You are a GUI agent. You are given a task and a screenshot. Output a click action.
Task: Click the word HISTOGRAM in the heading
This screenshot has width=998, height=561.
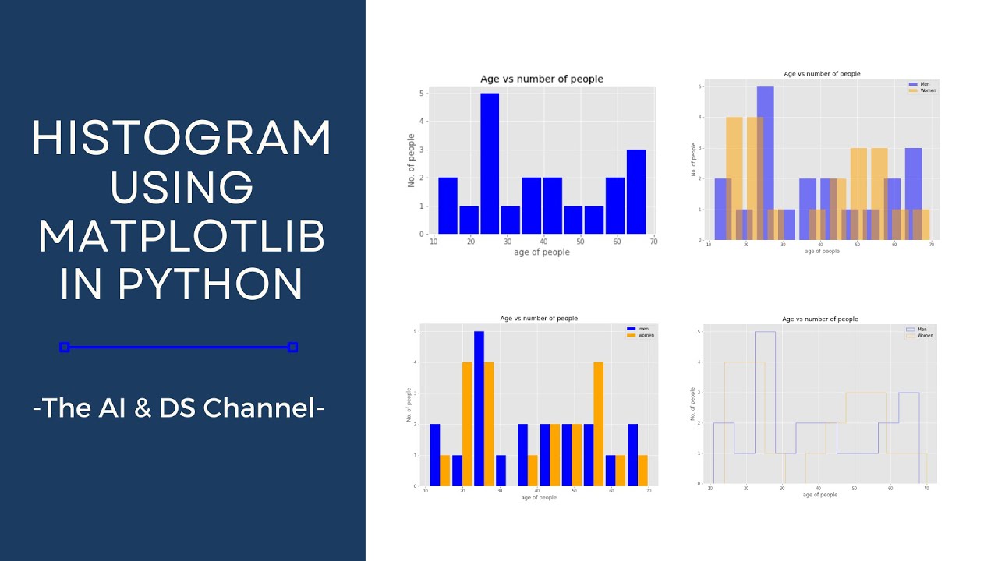point(182,139)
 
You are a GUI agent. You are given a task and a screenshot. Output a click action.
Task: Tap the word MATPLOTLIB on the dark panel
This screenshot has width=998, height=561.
point(182,237)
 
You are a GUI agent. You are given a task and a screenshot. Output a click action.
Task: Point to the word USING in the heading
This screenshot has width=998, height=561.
point(182,188)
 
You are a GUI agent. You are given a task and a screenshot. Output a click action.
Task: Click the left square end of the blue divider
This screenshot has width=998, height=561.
point(65,348)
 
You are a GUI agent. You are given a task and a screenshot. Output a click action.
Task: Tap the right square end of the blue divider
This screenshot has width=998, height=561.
point(292,348)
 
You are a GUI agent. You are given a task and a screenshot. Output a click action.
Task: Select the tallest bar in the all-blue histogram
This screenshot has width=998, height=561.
point(490,164)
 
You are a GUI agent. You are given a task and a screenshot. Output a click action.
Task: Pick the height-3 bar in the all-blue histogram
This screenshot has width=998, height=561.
point(635,192)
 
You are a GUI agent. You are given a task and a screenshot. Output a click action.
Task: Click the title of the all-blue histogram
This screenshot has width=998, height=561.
point(541,79)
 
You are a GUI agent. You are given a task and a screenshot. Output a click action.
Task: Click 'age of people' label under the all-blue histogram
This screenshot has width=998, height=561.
point(542,252)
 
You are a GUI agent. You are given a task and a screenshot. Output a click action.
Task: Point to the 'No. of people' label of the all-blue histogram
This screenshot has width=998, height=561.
point(412,161)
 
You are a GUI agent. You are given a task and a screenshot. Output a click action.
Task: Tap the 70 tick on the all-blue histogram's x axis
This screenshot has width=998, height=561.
point(653,242)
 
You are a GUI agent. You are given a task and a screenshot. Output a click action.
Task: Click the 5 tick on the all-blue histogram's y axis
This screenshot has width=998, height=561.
point(422,93)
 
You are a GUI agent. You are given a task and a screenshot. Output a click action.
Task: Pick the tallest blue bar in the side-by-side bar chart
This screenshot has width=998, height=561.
point(479,408)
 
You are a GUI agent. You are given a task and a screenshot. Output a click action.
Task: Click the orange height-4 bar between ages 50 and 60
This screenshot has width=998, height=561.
point(598,424)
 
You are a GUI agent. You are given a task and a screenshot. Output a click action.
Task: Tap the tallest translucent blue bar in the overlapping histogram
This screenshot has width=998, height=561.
point(765,163)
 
